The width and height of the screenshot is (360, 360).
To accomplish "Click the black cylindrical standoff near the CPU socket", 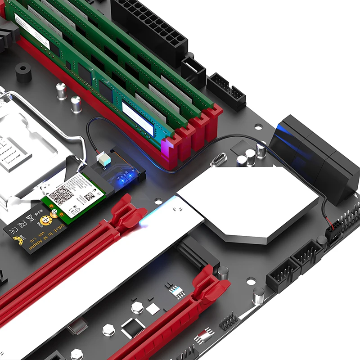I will tap(24, 73).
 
